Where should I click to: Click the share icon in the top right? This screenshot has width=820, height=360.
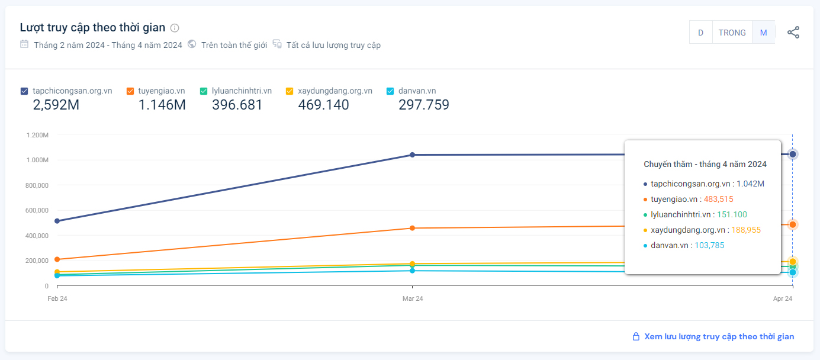pos(793,33)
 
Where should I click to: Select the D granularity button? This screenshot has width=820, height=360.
pos(700,33)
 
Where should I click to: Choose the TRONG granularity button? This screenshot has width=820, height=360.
pos(732,33)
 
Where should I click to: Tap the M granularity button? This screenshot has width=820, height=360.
pos(763,33)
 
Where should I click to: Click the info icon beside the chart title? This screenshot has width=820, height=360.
pos(175,28)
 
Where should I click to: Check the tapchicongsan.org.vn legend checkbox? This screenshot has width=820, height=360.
pos(24,91)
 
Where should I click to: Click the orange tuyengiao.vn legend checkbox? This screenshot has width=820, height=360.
pos(130,91)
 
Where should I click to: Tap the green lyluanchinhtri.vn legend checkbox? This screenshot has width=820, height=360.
pos(204,91)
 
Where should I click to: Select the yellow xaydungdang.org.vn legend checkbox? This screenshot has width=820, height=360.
pos(290,91)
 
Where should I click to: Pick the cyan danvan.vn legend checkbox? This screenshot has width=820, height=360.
pos(390,91)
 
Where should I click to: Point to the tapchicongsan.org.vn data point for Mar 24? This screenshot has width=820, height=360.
pos(412,155)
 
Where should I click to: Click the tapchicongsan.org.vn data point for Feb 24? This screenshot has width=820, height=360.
pos(57,221)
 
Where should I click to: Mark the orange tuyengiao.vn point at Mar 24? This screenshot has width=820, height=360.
pos(412,228)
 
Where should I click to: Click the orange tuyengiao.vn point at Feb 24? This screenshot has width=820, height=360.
pos(57,259)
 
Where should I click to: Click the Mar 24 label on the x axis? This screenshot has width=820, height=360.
pos(412,299)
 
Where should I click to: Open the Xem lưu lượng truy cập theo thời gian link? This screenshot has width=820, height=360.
pos(719,337)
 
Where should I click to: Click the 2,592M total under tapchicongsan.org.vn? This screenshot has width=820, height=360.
pos(56,105)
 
